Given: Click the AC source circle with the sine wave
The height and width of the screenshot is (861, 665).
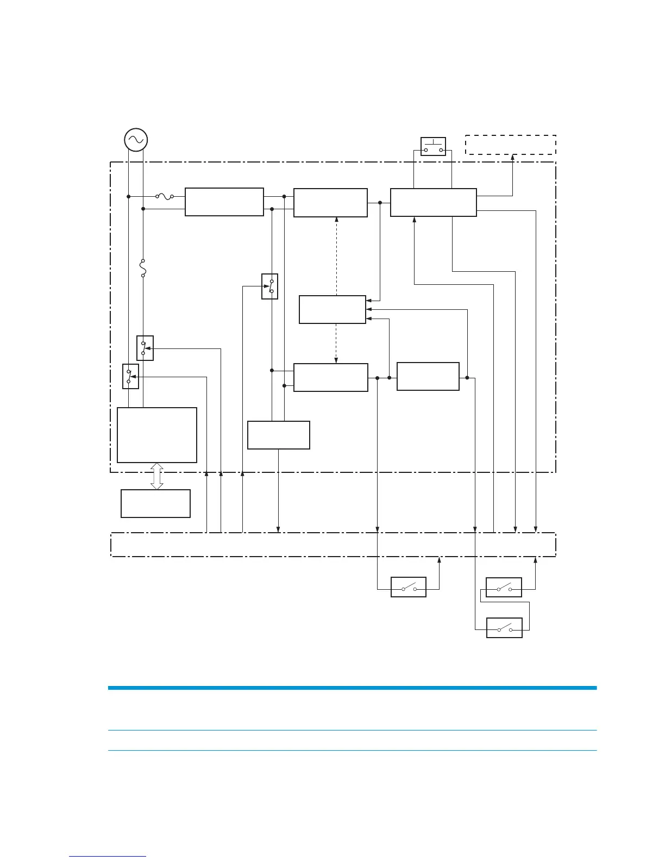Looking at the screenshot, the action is (x=135, y=140).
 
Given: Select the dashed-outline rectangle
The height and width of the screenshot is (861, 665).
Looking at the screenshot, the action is (x=510, y=145).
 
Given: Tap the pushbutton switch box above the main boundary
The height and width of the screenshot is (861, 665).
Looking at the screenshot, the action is (x=433, y=146).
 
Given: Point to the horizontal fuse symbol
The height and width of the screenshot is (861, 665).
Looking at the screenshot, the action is (x=165, y=197).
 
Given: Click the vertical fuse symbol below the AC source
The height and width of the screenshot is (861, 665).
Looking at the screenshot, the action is (x=143, y=268).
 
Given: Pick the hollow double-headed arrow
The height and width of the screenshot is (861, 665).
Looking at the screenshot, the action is (x=157, y=476).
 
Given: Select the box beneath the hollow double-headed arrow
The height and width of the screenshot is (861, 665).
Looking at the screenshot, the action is (x=155, y=503).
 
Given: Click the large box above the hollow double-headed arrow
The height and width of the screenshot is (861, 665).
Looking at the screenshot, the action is (x=157, y=435).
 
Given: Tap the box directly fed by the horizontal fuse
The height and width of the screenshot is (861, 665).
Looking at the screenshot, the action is (x=224, y=202).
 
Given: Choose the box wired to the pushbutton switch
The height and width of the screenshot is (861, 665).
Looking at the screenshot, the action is (x=433, y=202).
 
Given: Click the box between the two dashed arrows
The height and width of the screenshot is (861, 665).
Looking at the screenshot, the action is (x=332, y=309).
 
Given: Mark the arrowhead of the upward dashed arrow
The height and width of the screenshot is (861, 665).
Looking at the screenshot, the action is (x=337, y=220).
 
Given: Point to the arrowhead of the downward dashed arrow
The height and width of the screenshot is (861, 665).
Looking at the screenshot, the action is (x=337, y=360).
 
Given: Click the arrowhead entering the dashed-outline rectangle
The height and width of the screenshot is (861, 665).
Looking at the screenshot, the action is (x=512, y=157).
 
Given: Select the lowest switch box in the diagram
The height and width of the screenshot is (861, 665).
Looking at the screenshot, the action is (x=504, y=628).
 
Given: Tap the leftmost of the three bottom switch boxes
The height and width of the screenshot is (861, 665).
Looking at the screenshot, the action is (x=409, y=587).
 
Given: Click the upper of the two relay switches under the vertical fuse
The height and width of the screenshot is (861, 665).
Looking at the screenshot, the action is (x=145, y=348).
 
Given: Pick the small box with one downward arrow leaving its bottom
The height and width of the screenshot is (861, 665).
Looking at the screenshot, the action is (x=278, y=435).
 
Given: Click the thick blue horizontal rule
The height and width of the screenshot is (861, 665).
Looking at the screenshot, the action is (x=352, y=688).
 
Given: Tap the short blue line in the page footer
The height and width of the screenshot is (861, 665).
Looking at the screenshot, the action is (x=108, y=857).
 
